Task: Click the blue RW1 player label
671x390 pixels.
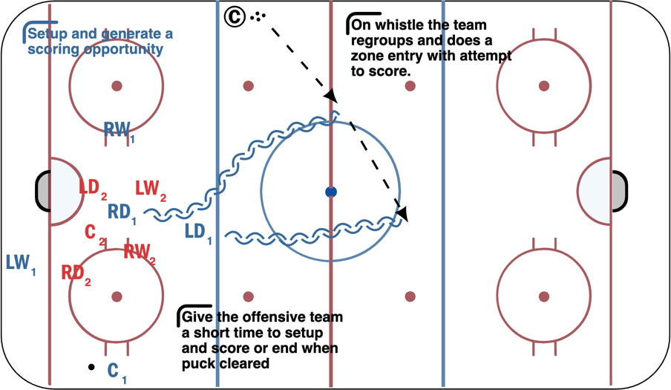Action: pos(120,131)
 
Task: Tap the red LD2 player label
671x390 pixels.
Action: pos(94,186)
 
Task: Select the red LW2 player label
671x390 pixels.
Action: pos(150,189)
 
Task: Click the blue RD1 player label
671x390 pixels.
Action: pos(122,212)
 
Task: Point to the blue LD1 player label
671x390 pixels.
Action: pos(198,232)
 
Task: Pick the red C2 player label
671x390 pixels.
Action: pos(94,233)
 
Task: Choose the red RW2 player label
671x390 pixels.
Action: pos(139,253)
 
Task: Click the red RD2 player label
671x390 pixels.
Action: pos(76,273)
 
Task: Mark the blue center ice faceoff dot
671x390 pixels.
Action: pos(331,192)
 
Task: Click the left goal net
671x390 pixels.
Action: pos(43,191)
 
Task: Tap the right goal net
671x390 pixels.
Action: pos(619,191)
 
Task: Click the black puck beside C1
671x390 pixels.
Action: pos(91,367)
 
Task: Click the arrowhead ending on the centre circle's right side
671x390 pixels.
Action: pos(403,215)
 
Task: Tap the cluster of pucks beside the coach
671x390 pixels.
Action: pos(258,15)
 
